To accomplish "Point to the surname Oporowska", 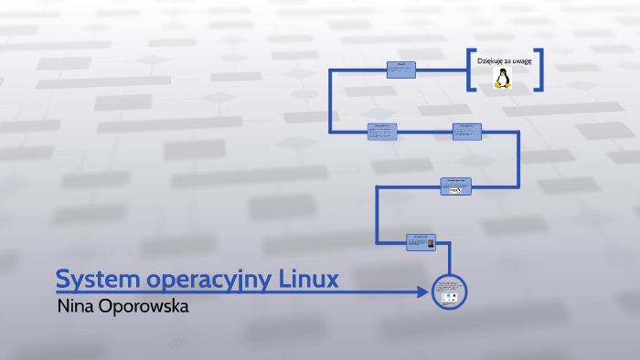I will (143, 307).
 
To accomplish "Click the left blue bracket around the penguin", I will (469, 69).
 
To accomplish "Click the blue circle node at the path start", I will (449, 292).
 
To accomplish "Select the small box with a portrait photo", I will (421, 242).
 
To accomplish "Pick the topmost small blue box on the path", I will (400, 69).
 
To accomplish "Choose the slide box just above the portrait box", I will (455, 185).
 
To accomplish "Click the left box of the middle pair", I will (382, 132).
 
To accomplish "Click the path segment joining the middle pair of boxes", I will (425, 132).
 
